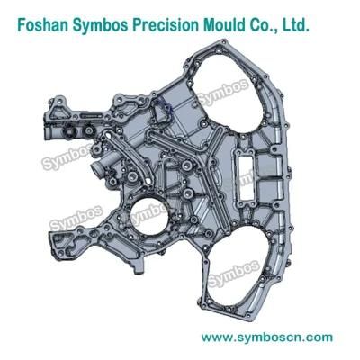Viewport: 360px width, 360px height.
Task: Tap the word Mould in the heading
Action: [224, 24]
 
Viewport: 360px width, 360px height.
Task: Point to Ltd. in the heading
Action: [296, 24]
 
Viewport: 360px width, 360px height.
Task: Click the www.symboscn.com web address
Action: [267, 337]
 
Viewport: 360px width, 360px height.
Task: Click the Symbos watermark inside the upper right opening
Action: [223, 92]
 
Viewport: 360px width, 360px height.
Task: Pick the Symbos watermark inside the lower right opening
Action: [234, 273]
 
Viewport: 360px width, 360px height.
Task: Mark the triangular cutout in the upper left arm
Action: [56, 113]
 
